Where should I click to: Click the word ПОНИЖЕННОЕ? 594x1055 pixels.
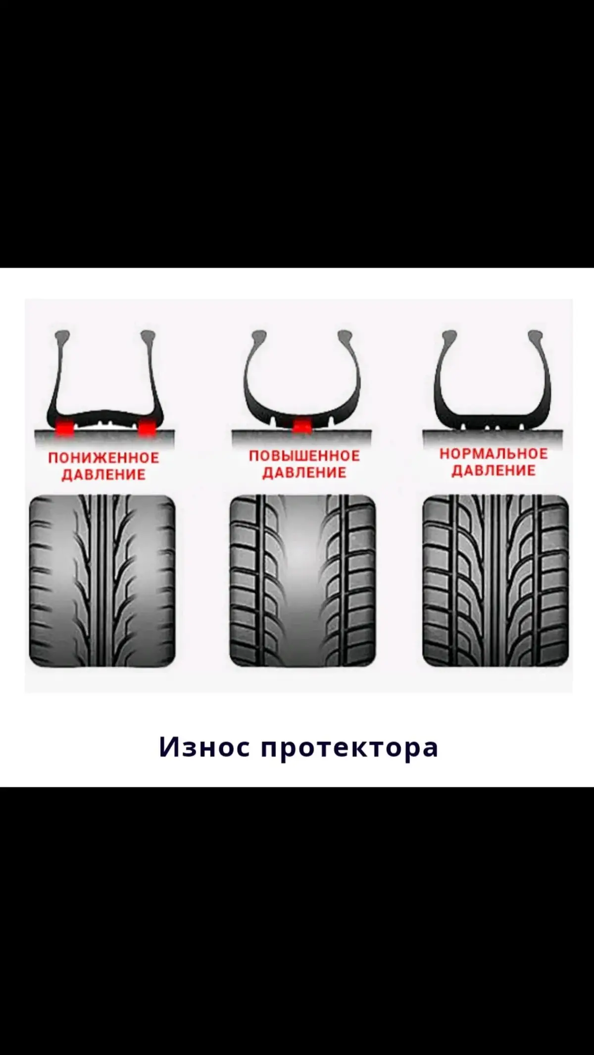(103, 458)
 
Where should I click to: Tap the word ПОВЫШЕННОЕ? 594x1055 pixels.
(304, 456)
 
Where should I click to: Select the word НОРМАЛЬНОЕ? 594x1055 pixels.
(494, 454)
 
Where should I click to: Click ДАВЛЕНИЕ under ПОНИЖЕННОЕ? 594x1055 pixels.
(103, 475)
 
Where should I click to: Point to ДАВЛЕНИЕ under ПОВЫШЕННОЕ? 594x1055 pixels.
(304, 472)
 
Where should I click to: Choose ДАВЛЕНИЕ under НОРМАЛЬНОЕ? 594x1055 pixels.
(494, 470)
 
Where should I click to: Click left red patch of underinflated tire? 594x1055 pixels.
(64, 427)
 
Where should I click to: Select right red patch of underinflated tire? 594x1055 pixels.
(147, 427)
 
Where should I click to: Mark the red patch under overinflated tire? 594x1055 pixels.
(302, 425)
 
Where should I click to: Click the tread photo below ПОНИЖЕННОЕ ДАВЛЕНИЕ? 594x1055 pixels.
(102, 581)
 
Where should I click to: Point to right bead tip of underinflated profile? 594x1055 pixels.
(147, 336)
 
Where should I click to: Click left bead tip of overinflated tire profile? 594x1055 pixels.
(257, 336)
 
